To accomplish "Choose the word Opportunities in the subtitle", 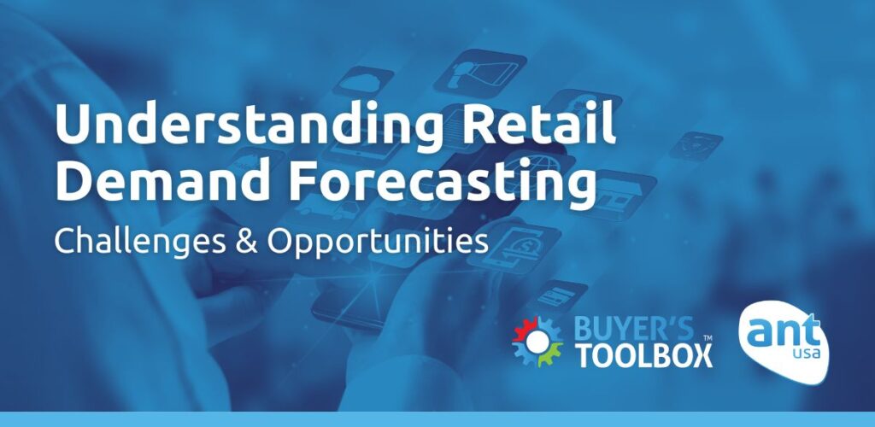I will click(x=377, y=241).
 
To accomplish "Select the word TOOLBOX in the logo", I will click(x=643, y=354).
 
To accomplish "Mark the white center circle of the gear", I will click(x=537, y=341).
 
